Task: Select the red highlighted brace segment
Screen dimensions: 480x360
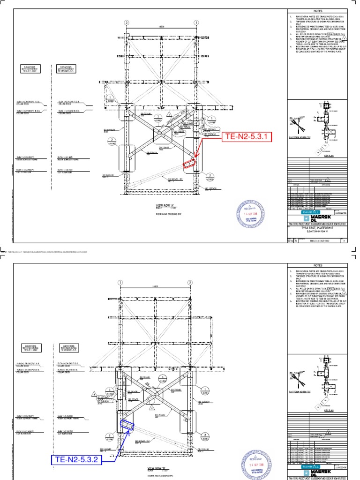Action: point(189,162)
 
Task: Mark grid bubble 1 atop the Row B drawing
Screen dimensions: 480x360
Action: point(120,283)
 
